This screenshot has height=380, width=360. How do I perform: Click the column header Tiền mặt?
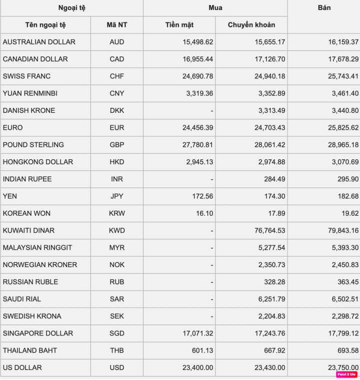(x=179, y=25)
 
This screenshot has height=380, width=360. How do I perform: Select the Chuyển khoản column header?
(x=251, y=25)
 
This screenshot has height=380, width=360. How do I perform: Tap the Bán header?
(x=324, y=8)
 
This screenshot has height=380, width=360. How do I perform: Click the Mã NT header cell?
(x=117, y=25)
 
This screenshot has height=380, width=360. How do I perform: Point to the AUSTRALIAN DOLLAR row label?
(x=39, y=42)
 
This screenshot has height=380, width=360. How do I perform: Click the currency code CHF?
(x=117, y=76)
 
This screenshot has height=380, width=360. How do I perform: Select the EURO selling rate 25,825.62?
(x=343, y=128)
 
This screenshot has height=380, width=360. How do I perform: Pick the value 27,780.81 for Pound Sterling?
(x=197, y=145)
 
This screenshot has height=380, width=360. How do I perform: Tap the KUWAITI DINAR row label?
(x=28, y=231)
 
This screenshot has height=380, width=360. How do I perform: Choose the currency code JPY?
(x=117, y=196)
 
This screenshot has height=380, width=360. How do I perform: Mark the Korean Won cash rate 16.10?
(x=204, y=213)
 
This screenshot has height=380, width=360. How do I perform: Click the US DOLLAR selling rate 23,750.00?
(x=343, y=368)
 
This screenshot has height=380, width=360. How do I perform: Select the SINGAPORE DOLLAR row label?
(x=38, y=333)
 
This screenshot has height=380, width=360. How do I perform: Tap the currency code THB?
(x=117, y=351)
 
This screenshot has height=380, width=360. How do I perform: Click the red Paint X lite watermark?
(x=345, y=374)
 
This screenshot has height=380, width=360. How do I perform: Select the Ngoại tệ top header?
(x=71, y=8)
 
